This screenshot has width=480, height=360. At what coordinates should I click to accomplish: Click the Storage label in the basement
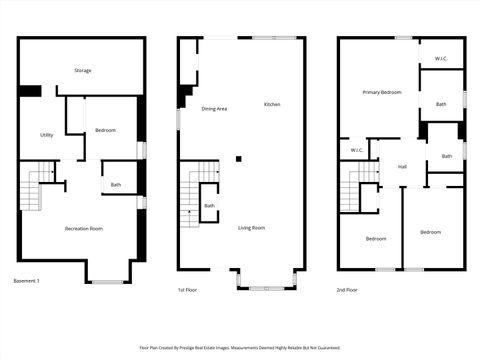click(82, 71)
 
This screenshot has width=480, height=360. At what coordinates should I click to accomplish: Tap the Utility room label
click(46, 135)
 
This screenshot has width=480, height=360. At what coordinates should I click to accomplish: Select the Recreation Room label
click(84, 229)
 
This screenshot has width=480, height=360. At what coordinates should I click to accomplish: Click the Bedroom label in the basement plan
click(105, 131)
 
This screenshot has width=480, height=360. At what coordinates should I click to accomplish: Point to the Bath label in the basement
click(116, 185)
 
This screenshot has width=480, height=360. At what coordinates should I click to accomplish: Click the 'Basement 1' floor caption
click(26, 281)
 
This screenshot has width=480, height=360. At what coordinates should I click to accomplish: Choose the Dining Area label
click(214, 108)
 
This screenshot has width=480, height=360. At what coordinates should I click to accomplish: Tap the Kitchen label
click(272, 105)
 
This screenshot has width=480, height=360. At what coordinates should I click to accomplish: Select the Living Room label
click(251, 228)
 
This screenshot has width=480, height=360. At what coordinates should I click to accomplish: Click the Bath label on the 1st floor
click(209, 206)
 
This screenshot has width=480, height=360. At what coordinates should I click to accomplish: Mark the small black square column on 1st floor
click(238, 158)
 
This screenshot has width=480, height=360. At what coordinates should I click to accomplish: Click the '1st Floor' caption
click(187, 289)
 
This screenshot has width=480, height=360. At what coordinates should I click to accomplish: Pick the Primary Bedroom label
click(382, 92)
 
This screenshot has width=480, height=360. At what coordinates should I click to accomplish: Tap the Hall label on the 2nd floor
click(402, 167)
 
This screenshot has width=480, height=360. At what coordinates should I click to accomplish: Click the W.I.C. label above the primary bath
click(440, 59)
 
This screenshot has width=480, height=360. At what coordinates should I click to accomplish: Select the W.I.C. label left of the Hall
click(357, 151)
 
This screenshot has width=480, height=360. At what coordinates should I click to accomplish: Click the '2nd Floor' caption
click(347, 289)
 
